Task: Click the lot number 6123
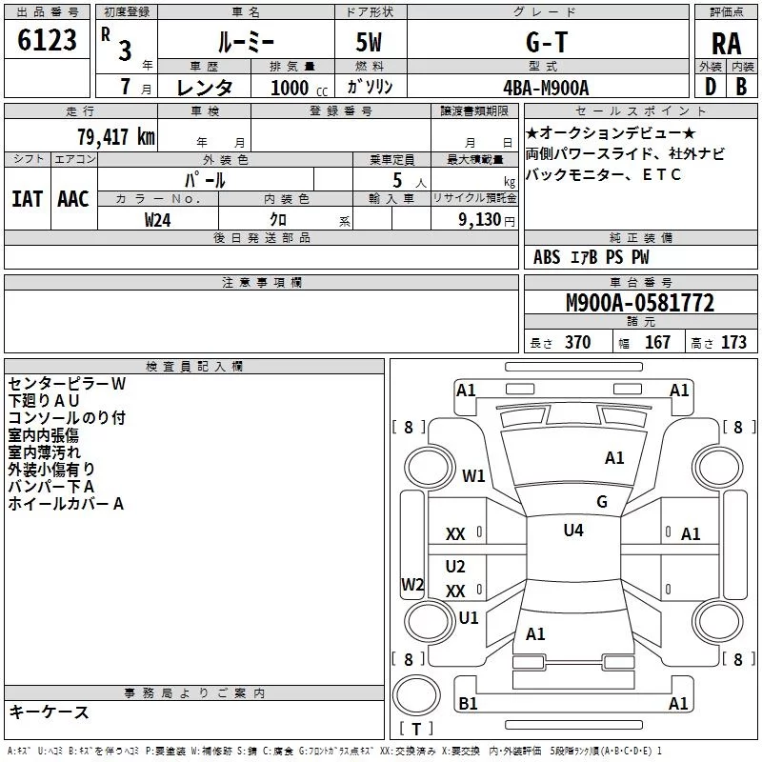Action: (x=47, y=40)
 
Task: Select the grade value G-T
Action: (x=547, y=42)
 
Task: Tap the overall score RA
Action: (x=727, y=44)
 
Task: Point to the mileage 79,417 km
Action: (x=116, y=137)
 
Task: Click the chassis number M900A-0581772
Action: (x=640, y=303)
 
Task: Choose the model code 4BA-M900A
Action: (x=546, y=88)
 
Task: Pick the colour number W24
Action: (x=157, y=220)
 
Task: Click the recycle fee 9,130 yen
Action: (x=487, y=220)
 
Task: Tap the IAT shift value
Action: (x=28, y=199)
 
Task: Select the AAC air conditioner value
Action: (x=73, y=199)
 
